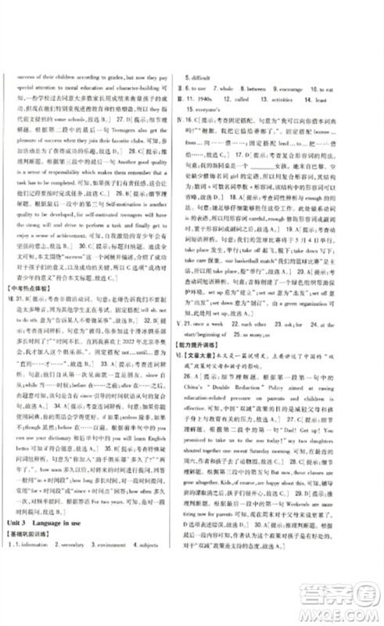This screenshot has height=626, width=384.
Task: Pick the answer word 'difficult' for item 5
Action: [207, 78]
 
